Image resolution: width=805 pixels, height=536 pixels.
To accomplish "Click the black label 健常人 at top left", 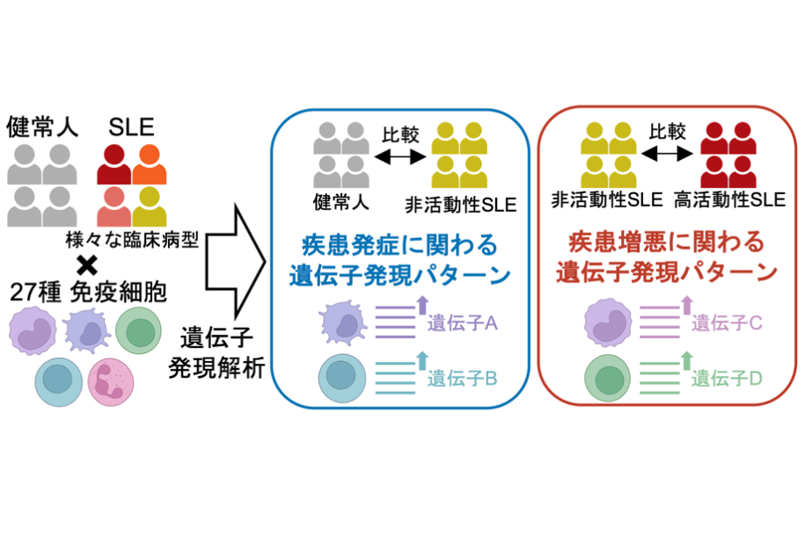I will point(43,126).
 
